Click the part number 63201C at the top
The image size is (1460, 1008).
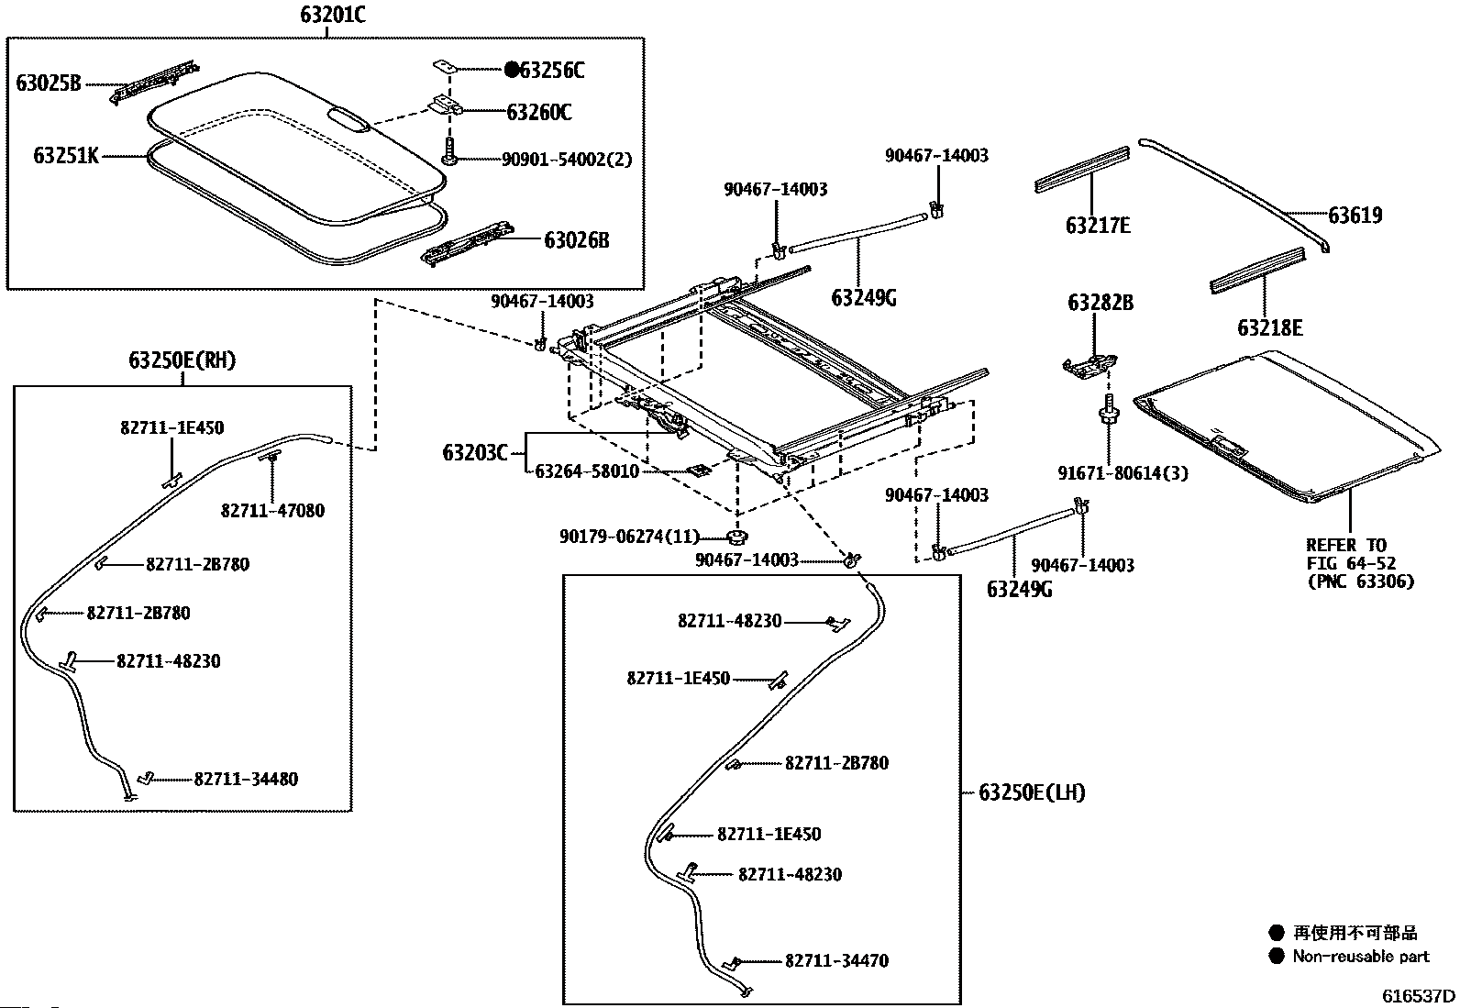tap(332, 15)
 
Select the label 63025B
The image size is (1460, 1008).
tap(49, 83)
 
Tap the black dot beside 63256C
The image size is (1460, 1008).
tap(513, 69)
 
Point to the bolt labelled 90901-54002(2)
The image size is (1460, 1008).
tap(449, 151)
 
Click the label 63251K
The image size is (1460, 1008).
tap(66, 156)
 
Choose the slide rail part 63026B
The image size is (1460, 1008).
tap(468, 243)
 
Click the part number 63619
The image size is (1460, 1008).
tap(1355, 216)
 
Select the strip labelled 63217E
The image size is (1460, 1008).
tap(1082, 170)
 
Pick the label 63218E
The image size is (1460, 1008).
tap(1269, 327)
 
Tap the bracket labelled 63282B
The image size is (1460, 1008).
tap(1089, 366)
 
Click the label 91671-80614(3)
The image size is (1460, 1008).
tap(1123, 472)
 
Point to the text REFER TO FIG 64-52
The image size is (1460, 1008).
tap(1351, 554)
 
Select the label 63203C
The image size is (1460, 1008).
tap(474, 452)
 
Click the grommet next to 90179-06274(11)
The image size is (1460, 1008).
tap(736, 537)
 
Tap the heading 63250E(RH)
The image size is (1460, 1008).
tap(182, 360)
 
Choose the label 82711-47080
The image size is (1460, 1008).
tap(272, 511)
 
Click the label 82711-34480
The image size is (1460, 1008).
tap(246, 779)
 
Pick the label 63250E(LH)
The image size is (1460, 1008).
tap(1032, 792)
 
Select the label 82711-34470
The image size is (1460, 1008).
tap(837, 960)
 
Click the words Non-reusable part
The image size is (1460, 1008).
tap(1361, 957)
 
